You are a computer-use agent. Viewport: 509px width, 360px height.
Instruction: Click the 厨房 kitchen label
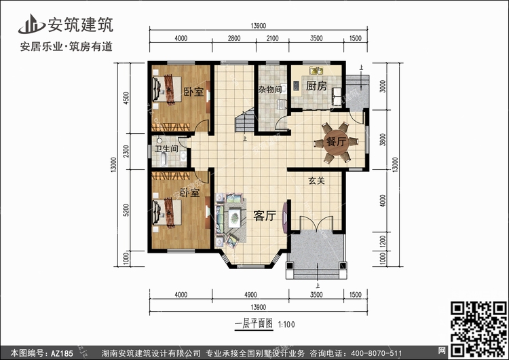coord(316,86)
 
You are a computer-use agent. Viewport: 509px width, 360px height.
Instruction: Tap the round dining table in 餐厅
coord(336,142)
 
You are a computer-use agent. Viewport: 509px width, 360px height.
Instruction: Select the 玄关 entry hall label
coord(316,181)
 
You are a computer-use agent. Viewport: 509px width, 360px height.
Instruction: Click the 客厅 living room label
coord(265,215)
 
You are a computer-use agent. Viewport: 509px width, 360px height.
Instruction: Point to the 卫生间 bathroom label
coord(166,149)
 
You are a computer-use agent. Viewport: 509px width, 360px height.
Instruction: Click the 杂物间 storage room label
coord(270,89)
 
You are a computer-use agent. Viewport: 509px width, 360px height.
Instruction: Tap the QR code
coord(479,329)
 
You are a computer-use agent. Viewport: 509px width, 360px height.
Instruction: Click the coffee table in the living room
coord(234,217)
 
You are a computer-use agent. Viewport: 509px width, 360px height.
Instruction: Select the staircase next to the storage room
coord(245,120)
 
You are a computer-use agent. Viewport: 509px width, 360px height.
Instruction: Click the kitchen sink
coord(316,71)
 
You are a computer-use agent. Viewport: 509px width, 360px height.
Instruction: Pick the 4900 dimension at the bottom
coord(250,295)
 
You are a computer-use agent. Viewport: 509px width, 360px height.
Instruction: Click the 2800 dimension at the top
coord(233,38)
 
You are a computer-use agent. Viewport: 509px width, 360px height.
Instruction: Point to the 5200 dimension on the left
coord(126,210)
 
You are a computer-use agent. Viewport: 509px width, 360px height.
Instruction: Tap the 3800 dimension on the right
coord(383,140)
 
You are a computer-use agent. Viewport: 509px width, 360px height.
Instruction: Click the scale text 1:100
coord(286,325)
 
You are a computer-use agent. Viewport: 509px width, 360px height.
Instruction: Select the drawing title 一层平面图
coord(254,323)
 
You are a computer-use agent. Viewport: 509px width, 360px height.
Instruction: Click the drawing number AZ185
coord(62,353)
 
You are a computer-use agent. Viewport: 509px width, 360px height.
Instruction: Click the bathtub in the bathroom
coord(164,159)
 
